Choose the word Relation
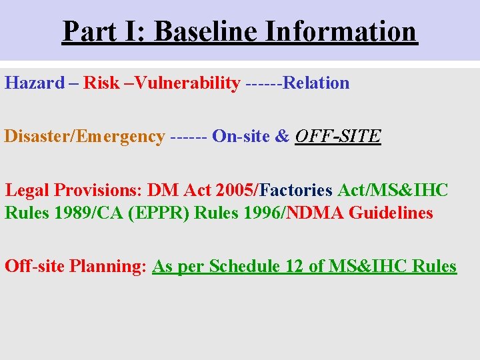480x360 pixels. [317, 83]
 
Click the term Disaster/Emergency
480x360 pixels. [85, 137]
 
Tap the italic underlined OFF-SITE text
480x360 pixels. [337, 137]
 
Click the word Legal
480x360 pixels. [27, 190]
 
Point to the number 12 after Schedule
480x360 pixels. [293, 267]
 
